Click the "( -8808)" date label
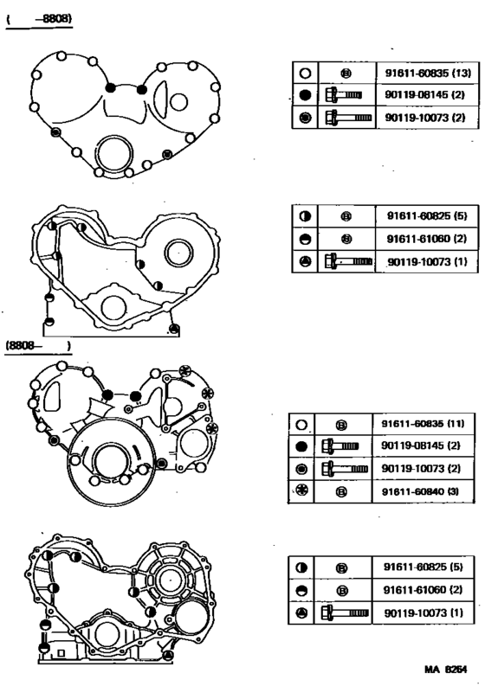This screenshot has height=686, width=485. [38, 17]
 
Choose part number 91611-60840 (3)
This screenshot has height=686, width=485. [423, 490]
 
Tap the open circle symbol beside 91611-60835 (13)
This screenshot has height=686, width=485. [304, 74]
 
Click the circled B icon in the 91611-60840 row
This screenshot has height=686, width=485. [341, 490]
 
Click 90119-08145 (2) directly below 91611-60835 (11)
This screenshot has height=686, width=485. [423, 446]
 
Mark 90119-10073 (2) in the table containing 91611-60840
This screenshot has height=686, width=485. [423, 468]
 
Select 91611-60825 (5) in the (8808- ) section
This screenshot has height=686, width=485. [424, 567]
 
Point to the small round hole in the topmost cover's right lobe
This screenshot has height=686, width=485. [178, 101]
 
